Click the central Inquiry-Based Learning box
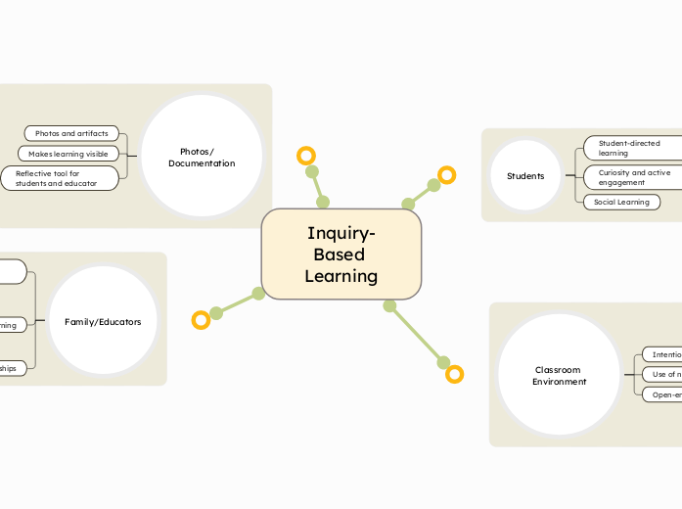tap(341, 254)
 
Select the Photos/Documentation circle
tap(202, 157)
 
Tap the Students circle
tap(525, 176)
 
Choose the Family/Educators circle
tap(103, 321)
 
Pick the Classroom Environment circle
tap(559, 375)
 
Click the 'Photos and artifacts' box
tap(71, 133)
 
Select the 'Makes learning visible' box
tap(68, 154)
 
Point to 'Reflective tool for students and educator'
tap(60, 178)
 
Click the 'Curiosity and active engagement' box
tap(632, 177)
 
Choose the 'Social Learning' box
tap(621, 203)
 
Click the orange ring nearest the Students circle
tap(447, 175)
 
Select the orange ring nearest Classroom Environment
tap(454, 374)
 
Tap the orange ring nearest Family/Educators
tap(201, 319)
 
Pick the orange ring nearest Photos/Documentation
tap(306, 156)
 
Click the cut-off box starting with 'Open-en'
tap(661, 394)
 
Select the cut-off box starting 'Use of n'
tap(661, 374)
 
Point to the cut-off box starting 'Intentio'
tap(661, 354)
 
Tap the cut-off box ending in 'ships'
tap(14, 369)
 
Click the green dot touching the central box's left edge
tap(258, 293)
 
